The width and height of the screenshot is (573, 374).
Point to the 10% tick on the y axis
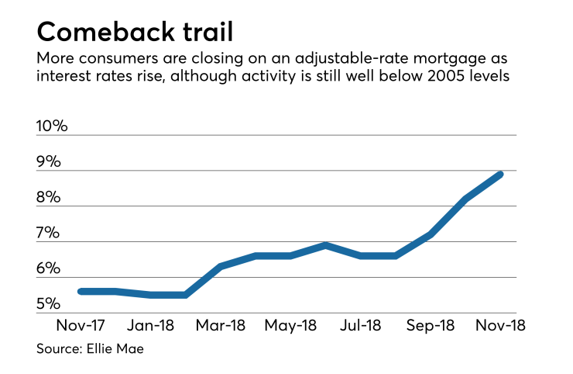click(53, 126)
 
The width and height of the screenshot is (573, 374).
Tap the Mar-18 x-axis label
click(221, 324)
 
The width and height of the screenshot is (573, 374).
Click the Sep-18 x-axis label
click(429, 324)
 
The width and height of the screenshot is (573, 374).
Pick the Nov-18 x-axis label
click(499, 324)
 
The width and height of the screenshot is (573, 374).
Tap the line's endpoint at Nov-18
click(501, 174)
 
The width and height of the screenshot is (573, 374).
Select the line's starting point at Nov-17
click(81, 291)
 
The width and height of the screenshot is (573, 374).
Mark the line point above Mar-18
click(221, 266)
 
